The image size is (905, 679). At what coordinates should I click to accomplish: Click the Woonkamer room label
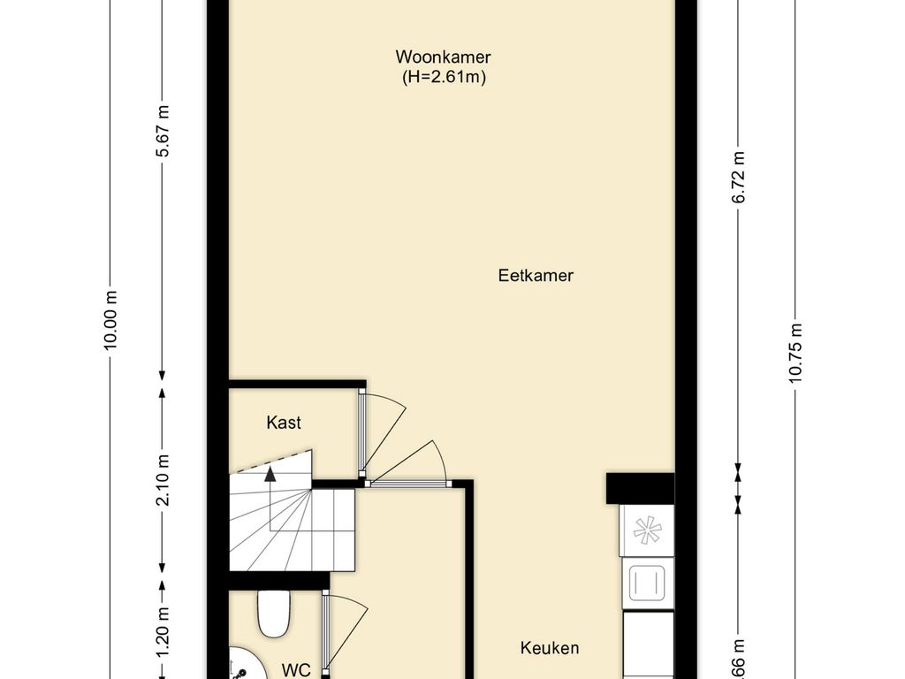point(443,57)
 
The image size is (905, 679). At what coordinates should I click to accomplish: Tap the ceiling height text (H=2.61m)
point(443,78)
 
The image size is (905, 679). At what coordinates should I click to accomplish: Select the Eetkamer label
point(536,276)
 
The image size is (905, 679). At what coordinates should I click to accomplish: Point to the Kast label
point(284,423)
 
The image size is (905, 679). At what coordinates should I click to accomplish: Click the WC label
point(297,670)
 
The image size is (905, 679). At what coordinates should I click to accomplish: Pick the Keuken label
point(549,648)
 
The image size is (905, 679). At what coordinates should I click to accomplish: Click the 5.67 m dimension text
point(163,132)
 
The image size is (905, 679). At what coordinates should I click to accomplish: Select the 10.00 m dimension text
point(110,320)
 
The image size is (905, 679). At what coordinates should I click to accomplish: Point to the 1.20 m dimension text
point(163,635)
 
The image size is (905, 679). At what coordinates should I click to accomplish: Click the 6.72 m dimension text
point(739,178)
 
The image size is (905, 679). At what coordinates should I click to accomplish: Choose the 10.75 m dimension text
point(796,352)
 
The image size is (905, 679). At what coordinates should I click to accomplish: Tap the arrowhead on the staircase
point(270,474)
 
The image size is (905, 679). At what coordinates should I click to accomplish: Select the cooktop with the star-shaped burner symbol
point(647,530)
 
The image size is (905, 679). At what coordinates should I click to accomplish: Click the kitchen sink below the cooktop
point(647,583)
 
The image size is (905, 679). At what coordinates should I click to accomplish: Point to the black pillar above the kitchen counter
point(640,487)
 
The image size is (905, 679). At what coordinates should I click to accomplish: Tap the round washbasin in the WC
point(237,665)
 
